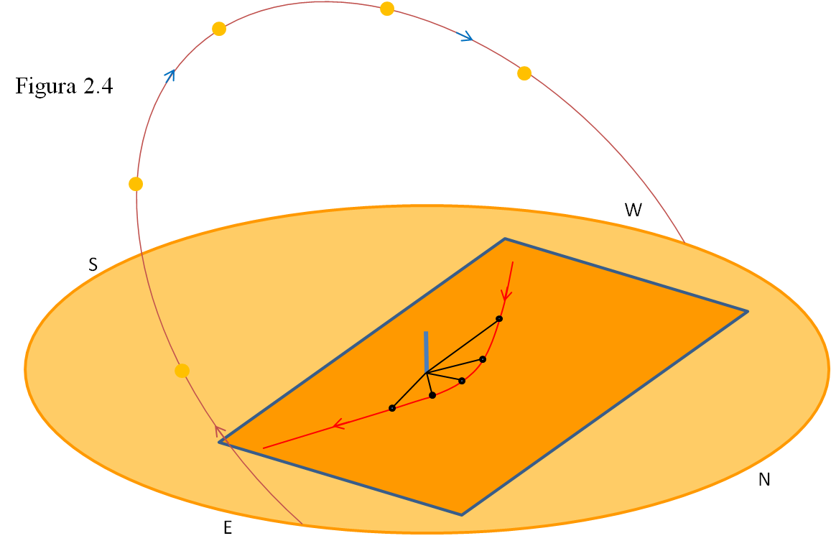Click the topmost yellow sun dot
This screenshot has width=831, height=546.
(387, 9)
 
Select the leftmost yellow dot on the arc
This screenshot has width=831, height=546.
(136, 184)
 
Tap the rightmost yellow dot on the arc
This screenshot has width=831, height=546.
(524, 73)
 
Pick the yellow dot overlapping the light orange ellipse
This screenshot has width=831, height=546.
(182, 371)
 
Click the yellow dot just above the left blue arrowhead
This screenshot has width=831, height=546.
(219, 29)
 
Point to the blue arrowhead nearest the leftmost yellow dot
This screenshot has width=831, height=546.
(170, 75)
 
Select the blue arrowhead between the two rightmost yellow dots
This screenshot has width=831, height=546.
(466, 36)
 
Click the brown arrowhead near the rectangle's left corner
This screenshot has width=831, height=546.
(220, 431)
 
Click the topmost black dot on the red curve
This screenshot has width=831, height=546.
(499, 319)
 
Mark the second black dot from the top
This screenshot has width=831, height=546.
(483, 359)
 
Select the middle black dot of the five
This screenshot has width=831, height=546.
(462, 381)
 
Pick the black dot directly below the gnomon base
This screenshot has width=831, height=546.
(432, 395)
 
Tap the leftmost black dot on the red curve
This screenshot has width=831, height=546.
(392, 408)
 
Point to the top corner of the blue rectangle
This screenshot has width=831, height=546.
(505, 239)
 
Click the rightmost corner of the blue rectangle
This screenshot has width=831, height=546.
(747, 312)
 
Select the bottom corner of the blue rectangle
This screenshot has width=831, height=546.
(462, 514)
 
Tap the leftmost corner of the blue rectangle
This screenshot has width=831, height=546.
(220, 443)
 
